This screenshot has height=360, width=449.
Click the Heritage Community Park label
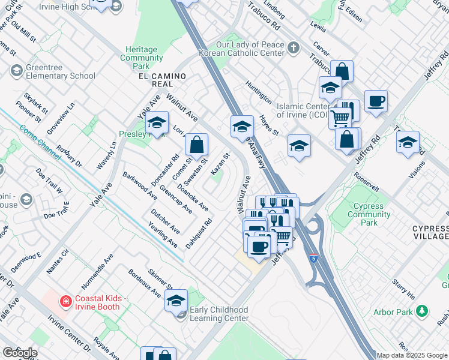[x=142, y=53]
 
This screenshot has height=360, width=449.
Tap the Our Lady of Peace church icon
[x=294, y=47]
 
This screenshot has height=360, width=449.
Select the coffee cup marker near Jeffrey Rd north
[x=376, y=100]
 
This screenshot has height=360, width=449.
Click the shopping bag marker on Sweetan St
[x=196, y=144]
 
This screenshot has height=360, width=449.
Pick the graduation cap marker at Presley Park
[x=157, y=122]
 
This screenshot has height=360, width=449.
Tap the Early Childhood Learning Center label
[x=218, y=314]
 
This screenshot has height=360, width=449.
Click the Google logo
[x=20, y=353]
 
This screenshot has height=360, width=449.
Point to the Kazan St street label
[x=221, y=164]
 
